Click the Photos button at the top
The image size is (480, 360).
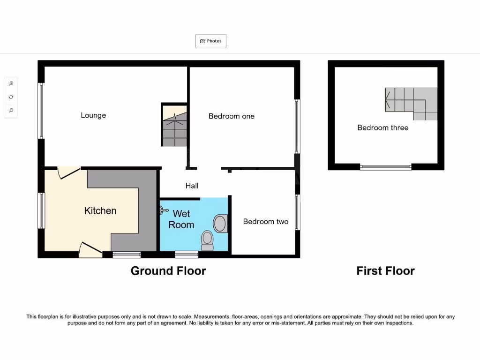pos(211,41)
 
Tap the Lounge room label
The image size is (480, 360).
pos(93,115)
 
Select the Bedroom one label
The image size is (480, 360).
pos(231,116)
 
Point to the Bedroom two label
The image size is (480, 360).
pos(265,222)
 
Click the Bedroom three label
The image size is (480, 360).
pos(382,127)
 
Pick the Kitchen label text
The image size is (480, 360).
pos(100,211)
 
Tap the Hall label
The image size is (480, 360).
pos(192,186)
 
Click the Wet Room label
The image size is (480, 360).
pos(181,219)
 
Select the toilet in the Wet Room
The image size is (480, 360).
pos(207,240)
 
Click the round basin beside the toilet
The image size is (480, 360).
pos(220,223)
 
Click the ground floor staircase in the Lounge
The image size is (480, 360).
pos(174,125)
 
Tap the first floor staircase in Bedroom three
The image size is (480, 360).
pos(411,103)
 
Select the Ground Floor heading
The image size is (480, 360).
pos(168,271)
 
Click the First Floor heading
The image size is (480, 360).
pos(385,271)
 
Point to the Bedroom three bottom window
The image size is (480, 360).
pos(385,167)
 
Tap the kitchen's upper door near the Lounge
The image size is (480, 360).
pos(68,173)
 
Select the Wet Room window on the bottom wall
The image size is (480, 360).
pos(187,255)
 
